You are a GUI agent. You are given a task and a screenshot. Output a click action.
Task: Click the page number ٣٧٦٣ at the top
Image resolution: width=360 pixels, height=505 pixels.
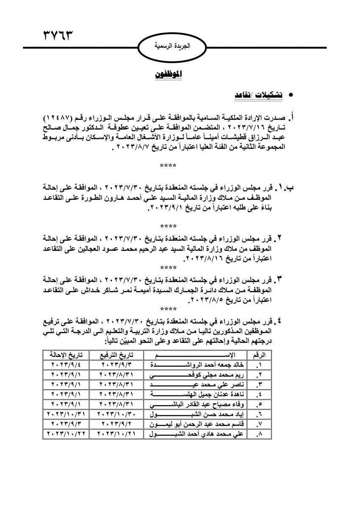[x=56, y=34]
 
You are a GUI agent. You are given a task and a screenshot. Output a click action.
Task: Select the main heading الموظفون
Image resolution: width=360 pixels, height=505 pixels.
[x=169, y=75]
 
